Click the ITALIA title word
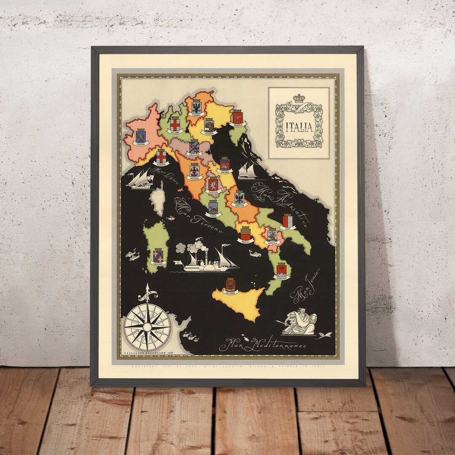(x=299, y=127)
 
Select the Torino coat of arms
(x=141, y=135)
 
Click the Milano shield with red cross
(x=175, y=124)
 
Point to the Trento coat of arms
(x=196, y=107)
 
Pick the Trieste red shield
(x=238, y=116)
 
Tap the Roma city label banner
(x=214, y=215)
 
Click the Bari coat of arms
(x=287, y=221)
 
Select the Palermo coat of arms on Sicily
(x=230, y=284)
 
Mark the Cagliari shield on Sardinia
(x=158, y=255)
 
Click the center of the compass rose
(x=147, y=327)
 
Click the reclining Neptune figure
(x=299, y=322)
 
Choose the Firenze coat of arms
(x=194, y=170)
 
